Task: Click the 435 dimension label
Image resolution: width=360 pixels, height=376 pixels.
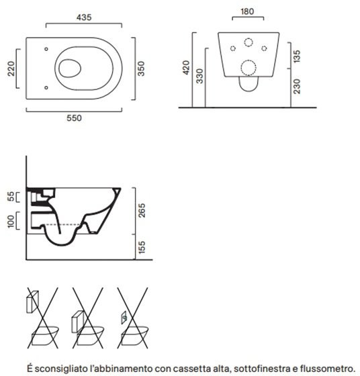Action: (x=84, y=17)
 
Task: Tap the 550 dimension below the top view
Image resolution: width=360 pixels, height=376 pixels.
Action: (x=74, y=118)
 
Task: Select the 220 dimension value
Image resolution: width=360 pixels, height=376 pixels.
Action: (x=11, y=68)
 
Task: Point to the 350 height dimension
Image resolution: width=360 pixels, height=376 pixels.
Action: (x=141, y=68)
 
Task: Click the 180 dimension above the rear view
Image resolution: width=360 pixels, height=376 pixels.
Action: (x=247, y=11)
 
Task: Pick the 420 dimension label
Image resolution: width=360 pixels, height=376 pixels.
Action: (x=186, y=68)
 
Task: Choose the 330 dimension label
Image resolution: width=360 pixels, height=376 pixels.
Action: (x=199, y=76)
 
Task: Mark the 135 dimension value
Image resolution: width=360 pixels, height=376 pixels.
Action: (x=297, y=56)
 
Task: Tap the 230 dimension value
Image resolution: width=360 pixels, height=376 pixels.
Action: (x=297, y=87)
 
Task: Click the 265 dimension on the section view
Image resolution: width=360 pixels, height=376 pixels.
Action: (x=142, y=210)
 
